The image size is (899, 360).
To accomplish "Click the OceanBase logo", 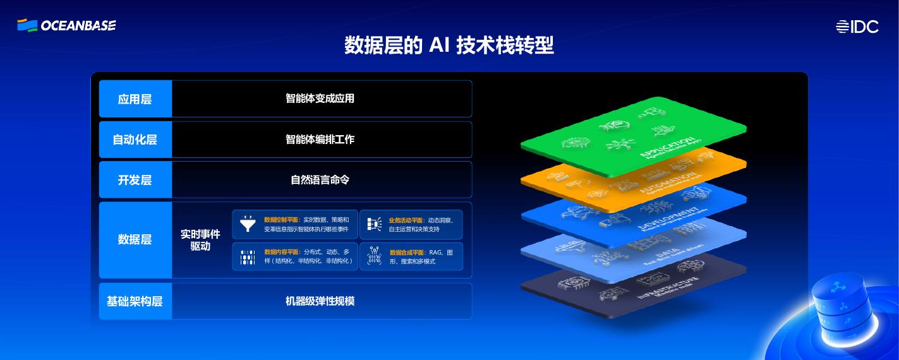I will (66, 25).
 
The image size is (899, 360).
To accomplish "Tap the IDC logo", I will (857, 27).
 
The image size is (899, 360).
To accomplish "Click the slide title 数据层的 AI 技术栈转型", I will (449, 45).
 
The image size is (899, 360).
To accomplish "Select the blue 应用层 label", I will (135, 99).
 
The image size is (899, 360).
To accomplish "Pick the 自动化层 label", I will (135, 140).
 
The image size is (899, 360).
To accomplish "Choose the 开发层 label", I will (135, 180).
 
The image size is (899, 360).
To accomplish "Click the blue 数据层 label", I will (135, 239).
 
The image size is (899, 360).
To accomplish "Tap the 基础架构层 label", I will (135, 301).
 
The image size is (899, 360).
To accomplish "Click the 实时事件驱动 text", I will (200, 240).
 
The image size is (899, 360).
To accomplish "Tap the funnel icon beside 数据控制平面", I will (248, 224).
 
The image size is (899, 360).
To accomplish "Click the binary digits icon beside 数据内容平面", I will (248, 256).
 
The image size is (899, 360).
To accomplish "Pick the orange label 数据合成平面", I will (407, 253).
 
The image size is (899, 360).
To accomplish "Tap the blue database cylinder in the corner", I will (841, 309).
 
